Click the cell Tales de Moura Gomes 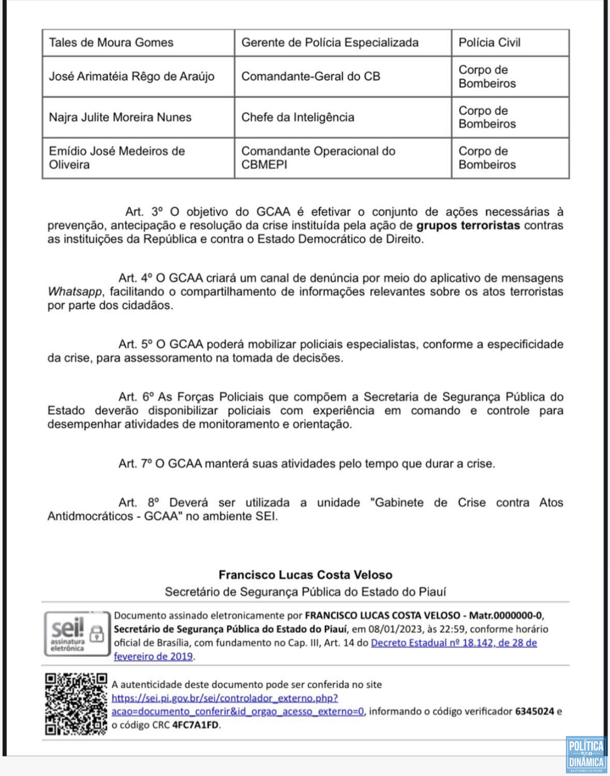(x=111, y=43)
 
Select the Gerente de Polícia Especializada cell (x=330, y=43)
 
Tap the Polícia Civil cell (x=489, y=43)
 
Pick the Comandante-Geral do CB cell (x=310, y=76)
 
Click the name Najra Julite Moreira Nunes (x=120, y=117)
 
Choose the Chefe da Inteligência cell (x=297, y=117)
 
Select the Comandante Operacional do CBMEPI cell (x=318, y=158)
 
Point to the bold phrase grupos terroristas (x=468, y=226)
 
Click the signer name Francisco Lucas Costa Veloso (x=305, y=575)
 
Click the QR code (x=76, y=704)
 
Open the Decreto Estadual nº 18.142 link (x=454, y=643)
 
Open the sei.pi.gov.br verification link (x=225, y=698)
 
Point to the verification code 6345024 (x=534, y=712)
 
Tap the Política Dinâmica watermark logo (x=586, y=754)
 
